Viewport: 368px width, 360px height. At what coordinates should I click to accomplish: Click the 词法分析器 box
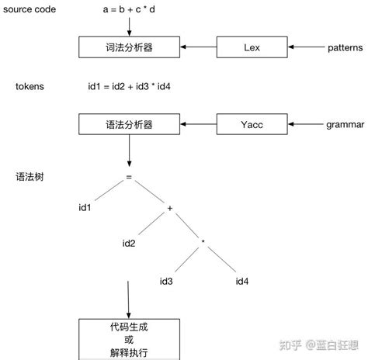128,48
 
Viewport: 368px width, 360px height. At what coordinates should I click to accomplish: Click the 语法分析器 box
128,123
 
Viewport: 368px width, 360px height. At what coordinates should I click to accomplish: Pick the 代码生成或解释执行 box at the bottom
128,340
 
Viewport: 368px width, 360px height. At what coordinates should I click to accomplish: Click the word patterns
346,48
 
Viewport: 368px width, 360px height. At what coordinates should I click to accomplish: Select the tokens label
30,86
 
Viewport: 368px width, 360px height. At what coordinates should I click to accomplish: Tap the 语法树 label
29,176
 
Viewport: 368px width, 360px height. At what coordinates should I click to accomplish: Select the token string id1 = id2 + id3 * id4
130,86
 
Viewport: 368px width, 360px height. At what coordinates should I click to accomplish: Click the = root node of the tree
129,176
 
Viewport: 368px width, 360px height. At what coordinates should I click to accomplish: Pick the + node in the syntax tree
168,209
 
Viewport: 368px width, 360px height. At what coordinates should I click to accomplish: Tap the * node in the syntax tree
203,243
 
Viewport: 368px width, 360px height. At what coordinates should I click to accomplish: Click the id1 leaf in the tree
85,208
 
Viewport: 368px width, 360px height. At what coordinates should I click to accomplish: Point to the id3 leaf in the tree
166,281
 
